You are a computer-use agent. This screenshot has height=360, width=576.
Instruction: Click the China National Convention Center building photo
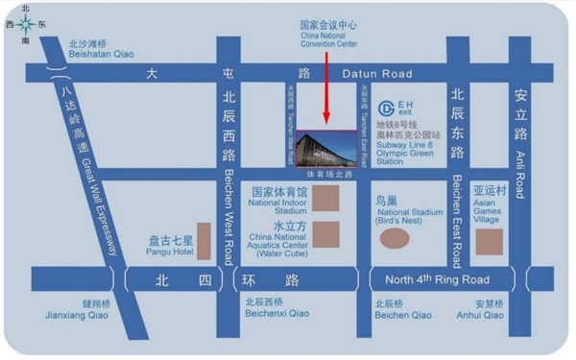(x=328, y=150)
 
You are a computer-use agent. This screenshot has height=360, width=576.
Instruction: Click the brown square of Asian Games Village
(x=490, y=241)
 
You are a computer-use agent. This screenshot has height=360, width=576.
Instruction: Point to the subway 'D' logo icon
(x=382, y=108)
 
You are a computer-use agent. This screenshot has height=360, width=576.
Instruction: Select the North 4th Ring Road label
(x=437, y=280)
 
